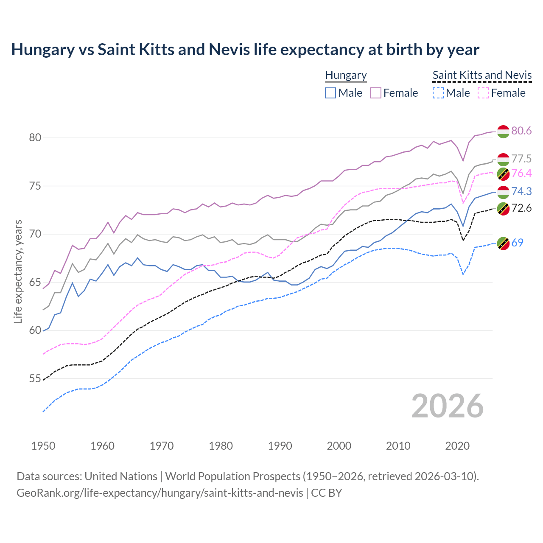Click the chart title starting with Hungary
pyautogui.click(x=245, y=50)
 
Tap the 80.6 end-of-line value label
pyautogui.click(x=521, y=131)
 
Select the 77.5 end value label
pyautogui.click(x=521, y=159)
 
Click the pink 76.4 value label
pyautogui.click(x=521, y=174)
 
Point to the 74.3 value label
pyautogui.click(x=521, y=192)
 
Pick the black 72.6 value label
pyautogui.click(x=521, y=208)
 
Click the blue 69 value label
pyautogui.click(x=517, y=243)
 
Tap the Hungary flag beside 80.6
pyautogui.click(x=503, y=132)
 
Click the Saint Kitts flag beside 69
pyautogui.click(x=503, y=244)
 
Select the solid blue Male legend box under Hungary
pyautogui.click(x=330, y=93)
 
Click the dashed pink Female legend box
pyautogui.click(x=483, y=93)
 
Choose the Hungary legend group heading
pyautogui.click(x=346, y=76)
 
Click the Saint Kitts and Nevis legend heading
pyautogui.click(x=482, y=76)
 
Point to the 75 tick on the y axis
pyautogui.click(x=35, y=186)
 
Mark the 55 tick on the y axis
pyautogui.click(x=35, y=379)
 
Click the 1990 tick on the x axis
pyautogui.click(x=280, y=446)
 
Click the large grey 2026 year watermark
pyautogui.click(x=448, y=406)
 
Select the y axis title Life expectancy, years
pyautogui.click(x=18, y=271)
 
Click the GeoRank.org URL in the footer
pyautogui.click(x=160, y=493)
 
